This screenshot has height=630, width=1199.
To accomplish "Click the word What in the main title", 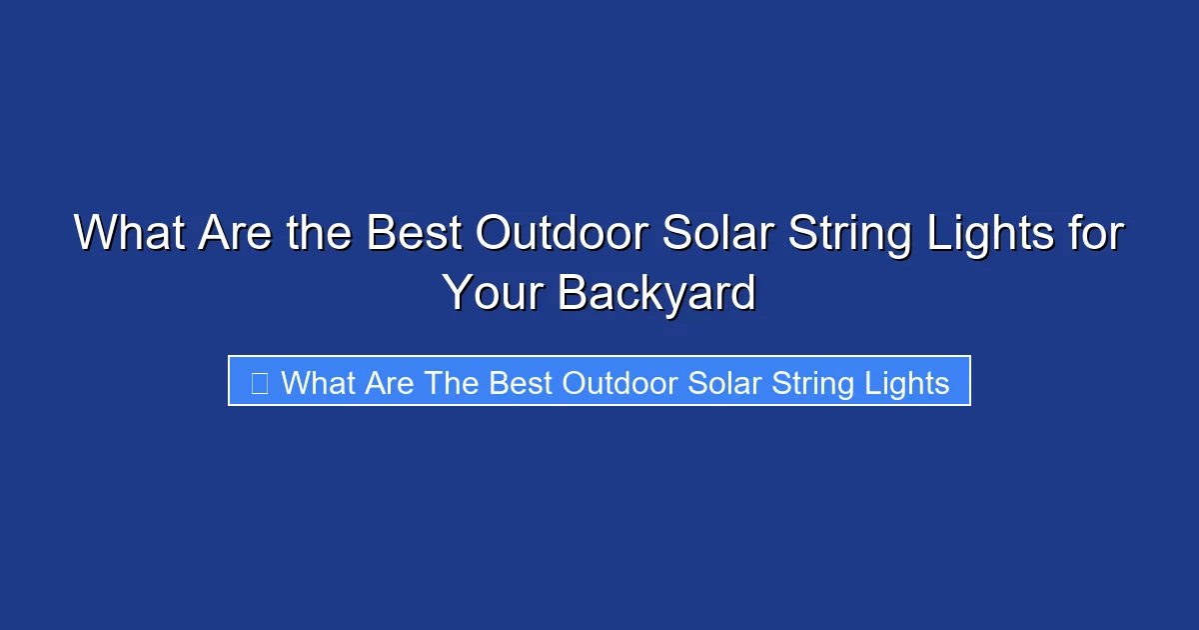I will (129, 234).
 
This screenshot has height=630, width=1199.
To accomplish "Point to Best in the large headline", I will (413, 234).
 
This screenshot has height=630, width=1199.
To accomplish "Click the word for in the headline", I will (1098, 234).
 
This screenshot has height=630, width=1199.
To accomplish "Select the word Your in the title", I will (493, 293).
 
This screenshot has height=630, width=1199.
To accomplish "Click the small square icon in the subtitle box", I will (259, 382).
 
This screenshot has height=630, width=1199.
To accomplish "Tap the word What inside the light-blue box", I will (318, 382).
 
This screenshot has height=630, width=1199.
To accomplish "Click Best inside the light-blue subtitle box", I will (522, 382).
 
